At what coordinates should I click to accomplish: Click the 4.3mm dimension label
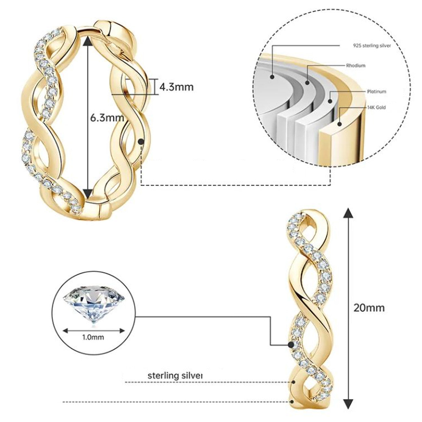176,87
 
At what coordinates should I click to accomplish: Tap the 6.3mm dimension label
107,117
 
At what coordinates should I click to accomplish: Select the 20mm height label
369,307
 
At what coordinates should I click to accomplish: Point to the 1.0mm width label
93,337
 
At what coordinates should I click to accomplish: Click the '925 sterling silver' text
372,46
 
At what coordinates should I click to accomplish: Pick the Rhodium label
355,65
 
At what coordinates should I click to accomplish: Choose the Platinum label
377,92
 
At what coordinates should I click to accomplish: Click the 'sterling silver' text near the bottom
175,376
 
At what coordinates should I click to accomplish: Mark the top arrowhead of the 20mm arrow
349,213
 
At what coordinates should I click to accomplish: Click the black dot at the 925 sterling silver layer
272,77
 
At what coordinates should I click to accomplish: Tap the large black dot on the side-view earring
292,344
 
